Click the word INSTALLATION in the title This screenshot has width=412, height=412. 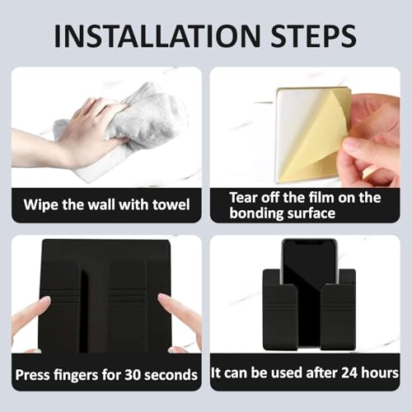point(157,36)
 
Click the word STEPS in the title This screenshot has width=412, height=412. point(313,36)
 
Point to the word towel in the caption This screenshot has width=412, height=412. point(171,205)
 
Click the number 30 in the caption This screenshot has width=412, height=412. point(133,375)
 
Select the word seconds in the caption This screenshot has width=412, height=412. point(171,375)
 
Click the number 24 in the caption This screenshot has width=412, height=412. point(349,372)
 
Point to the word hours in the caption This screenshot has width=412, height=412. point(380,372)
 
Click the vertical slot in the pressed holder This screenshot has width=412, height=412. point(83,311)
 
